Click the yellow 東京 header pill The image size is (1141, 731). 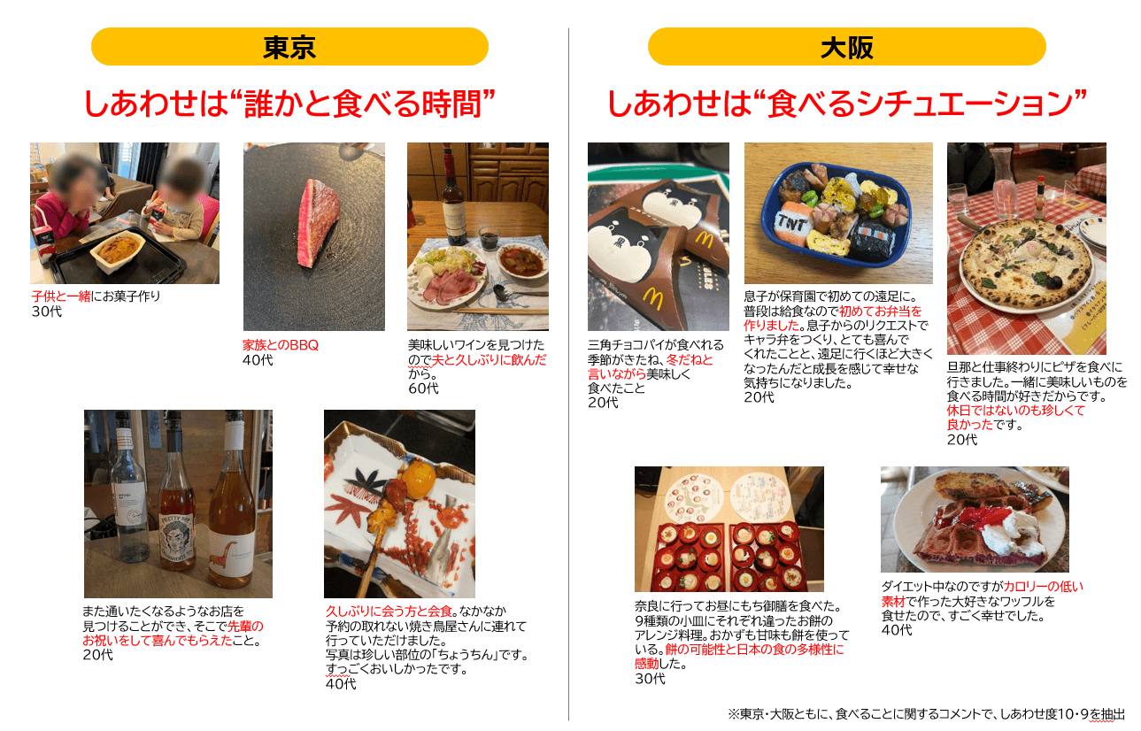pyautogui.click(x=289, y=47)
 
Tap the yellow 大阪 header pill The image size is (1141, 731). pyautogui.click(x=846, y=47)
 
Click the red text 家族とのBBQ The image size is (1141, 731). pyautogui.click(x=280, y=345)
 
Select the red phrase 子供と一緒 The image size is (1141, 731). pyautogui.click(x=61, y=296)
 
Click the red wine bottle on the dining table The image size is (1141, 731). pyautogui.click(x=452, y=198)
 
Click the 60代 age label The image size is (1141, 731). pyautogui.click(x=423, y=389)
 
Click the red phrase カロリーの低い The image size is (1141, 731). pyautogui.click(x=1044, y=587)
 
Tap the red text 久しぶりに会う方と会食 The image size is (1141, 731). pyautogui.click(x=389, y=611)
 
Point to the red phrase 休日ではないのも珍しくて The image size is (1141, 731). pyautogui.click(x=1015, y=410)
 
